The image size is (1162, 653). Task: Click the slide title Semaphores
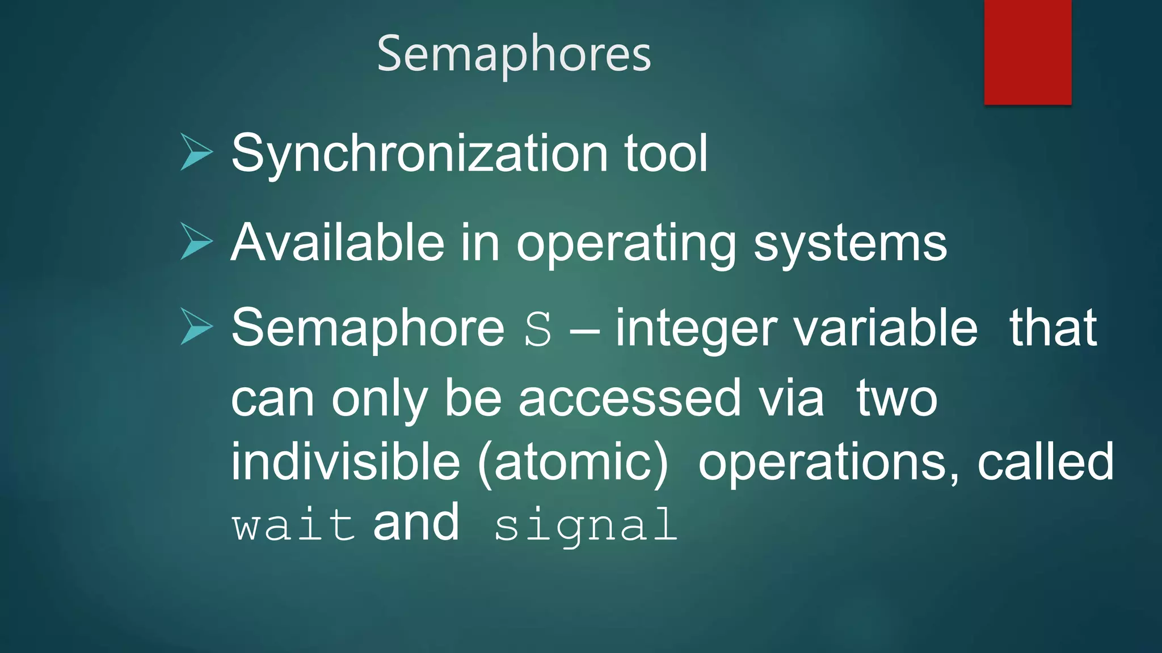click(x=514, y=54)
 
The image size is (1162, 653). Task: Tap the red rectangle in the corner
click(x=1028, y=52)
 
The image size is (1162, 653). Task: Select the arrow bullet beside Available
click(x=196, y=241)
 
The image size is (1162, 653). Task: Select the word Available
click(x=338, y=243)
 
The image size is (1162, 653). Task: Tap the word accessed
click(x=630, y=398)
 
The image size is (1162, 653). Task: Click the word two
click(x=896, y=398)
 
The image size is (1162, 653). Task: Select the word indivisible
click(x=345, y=461)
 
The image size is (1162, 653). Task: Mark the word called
click(x=1045, y=461)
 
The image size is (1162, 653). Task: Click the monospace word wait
click(x=293, y=525)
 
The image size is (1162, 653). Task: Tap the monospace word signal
click(x=586, y=526)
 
